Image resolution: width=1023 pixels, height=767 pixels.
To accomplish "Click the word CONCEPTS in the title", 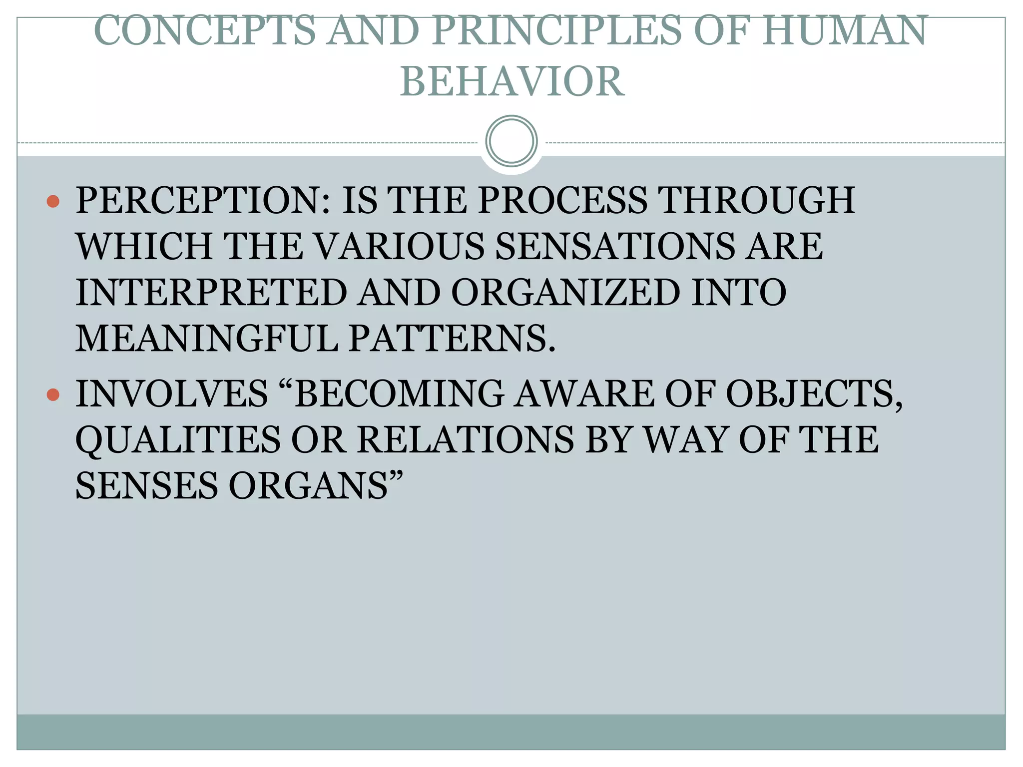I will tap(205, 31).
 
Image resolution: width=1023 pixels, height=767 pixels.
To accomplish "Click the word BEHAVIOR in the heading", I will tap(512, 82).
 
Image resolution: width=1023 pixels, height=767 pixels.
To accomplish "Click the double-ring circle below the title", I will tap(511, 141).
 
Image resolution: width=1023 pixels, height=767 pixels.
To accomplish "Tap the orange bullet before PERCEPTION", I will tap(53, 202).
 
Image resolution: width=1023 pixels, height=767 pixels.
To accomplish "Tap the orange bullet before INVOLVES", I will tap(53, 395).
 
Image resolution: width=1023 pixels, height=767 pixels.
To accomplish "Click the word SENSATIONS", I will tap(615, 247).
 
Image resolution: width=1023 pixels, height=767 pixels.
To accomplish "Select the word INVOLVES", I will tap(172, 394).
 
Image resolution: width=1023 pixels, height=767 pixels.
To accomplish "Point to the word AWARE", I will tap(585, 394).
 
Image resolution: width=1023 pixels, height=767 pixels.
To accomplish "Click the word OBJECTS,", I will tap(814, 394).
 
